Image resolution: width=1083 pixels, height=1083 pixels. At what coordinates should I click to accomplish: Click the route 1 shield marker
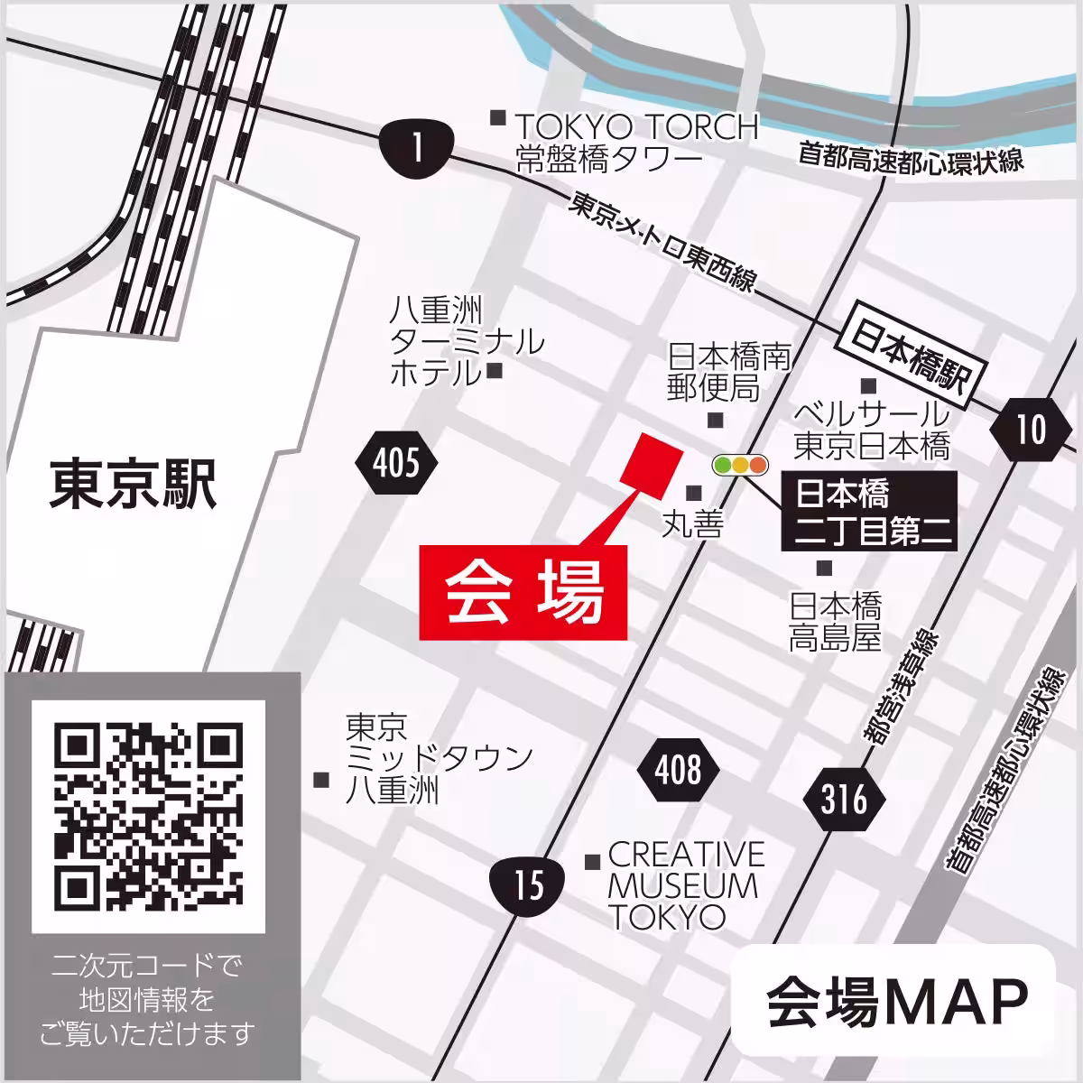(x=414, y=147)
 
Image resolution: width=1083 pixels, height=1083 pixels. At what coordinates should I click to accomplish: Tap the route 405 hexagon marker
(x=397, y=465)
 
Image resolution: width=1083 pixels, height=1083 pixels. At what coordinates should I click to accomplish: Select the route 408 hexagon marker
(x=679, y=770)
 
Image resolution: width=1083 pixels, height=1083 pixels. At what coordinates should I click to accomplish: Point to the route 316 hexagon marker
(x=844, y=800)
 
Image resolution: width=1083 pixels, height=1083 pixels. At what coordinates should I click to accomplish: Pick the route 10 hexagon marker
(x=1030, y=429)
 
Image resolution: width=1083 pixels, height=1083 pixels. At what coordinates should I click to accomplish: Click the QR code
(x=149, y=817)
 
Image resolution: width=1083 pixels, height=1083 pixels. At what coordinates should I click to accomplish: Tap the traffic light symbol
(x=739, y=466)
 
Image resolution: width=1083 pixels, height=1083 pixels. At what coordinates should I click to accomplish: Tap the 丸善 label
(x=692, y=524)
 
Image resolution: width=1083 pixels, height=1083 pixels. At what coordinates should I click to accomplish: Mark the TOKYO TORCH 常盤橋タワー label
(x=636, y=143)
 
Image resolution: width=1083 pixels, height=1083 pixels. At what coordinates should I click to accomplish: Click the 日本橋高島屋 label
(x=835, y=621)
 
